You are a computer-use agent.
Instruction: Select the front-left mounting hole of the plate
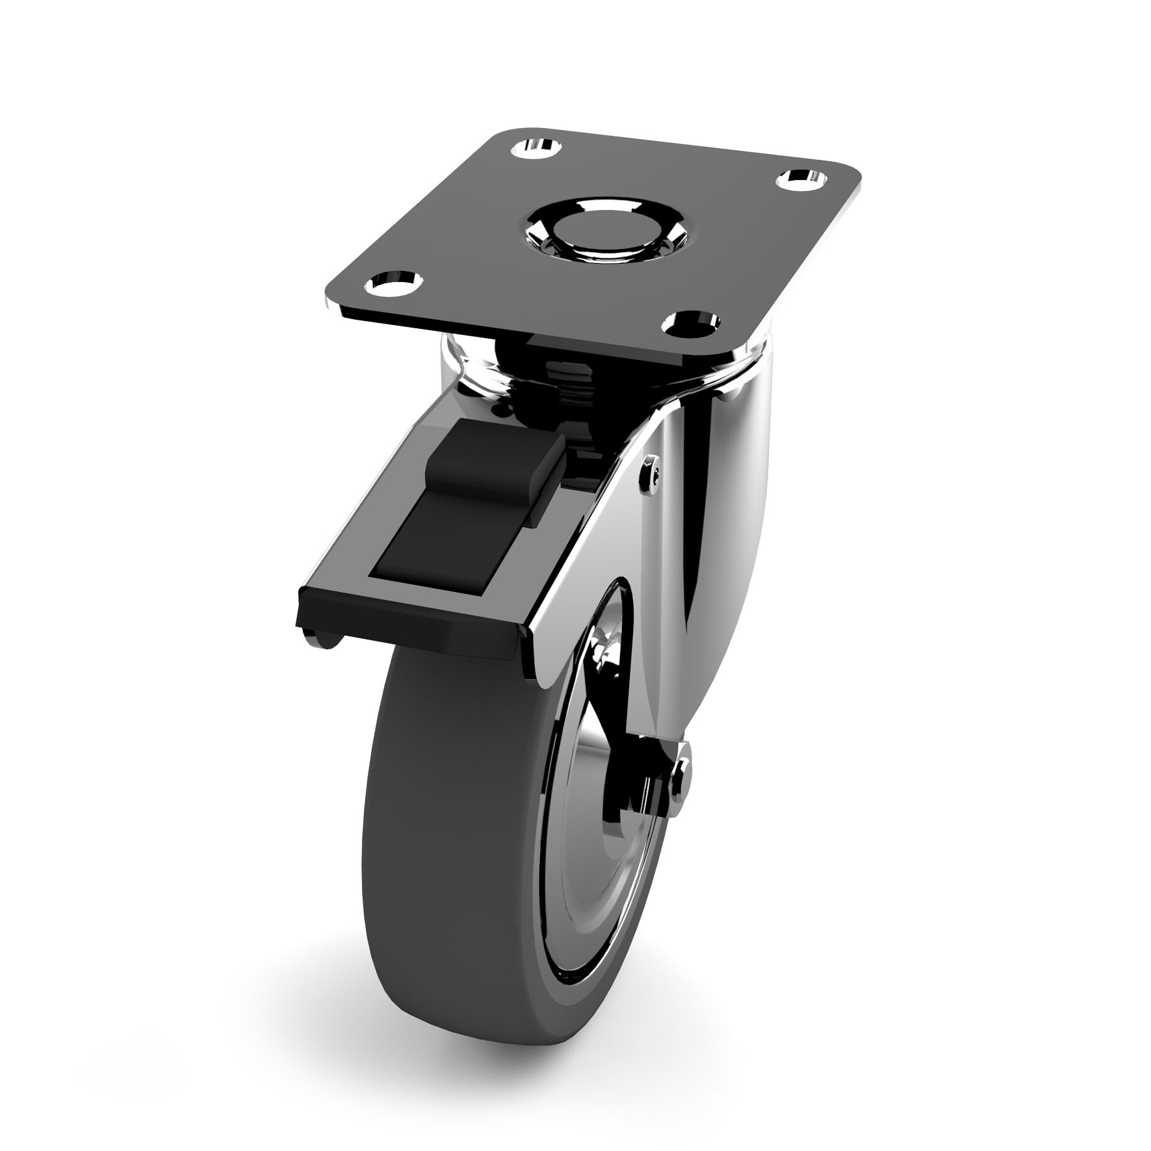[391, 284]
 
